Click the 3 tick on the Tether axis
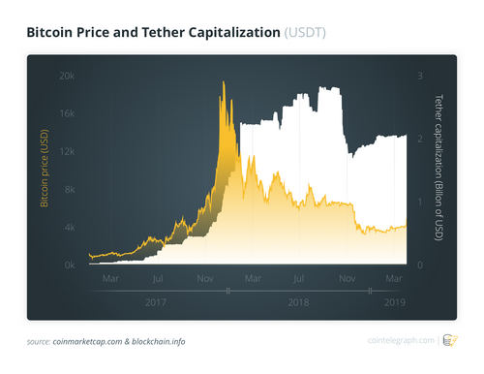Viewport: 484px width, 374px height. click(x=418, y=76)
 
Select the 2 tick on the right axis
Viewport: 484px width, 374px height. click(x=418, y=139)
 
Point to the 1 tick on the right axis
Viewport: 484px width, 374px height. click(x=418, y=202)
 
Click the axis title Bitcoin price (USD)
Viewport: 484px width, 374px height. click(x=45, y=171)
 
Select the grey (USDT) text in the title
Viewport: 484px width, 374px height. click(x=306, y=33)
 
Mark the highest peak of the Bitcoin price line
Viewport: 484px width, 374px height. click(x=224, y=82)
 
